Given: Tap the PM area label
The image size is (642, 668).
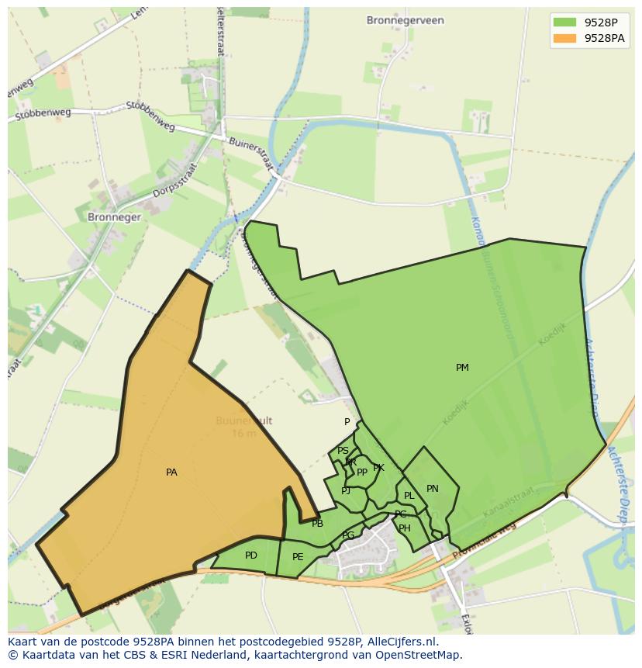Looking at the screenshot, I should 462,368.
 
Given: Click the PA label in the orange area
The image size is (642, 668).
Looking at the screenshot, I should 171,472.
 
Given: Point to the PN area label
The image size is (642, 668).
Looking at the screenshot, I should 433,489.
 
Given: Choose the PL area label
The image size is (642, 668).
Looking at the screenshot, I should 409,496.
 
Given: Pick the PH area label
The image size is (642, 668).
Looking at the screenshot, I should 405,528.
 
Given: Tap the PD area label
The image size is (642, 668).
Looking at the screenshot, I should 250,556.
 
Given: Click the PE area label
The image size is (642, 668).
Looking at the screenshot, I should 298,557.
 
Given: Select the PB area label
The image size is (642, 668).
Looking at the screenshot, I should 317,524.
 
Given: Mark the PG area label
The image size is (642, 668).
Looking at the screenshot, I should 348,535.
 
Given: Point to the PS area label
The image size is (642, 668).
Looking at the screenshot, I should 343,451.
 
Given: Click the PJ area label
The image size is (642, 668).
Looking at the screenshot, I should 346,490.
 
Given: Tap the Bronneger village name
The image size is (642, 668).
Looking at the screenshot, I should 114,217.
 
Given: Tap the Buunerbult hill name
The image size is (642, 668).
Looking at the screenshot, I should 243,421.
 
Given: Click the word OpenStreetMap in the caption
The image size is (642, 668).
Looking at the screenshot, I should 419,654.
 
